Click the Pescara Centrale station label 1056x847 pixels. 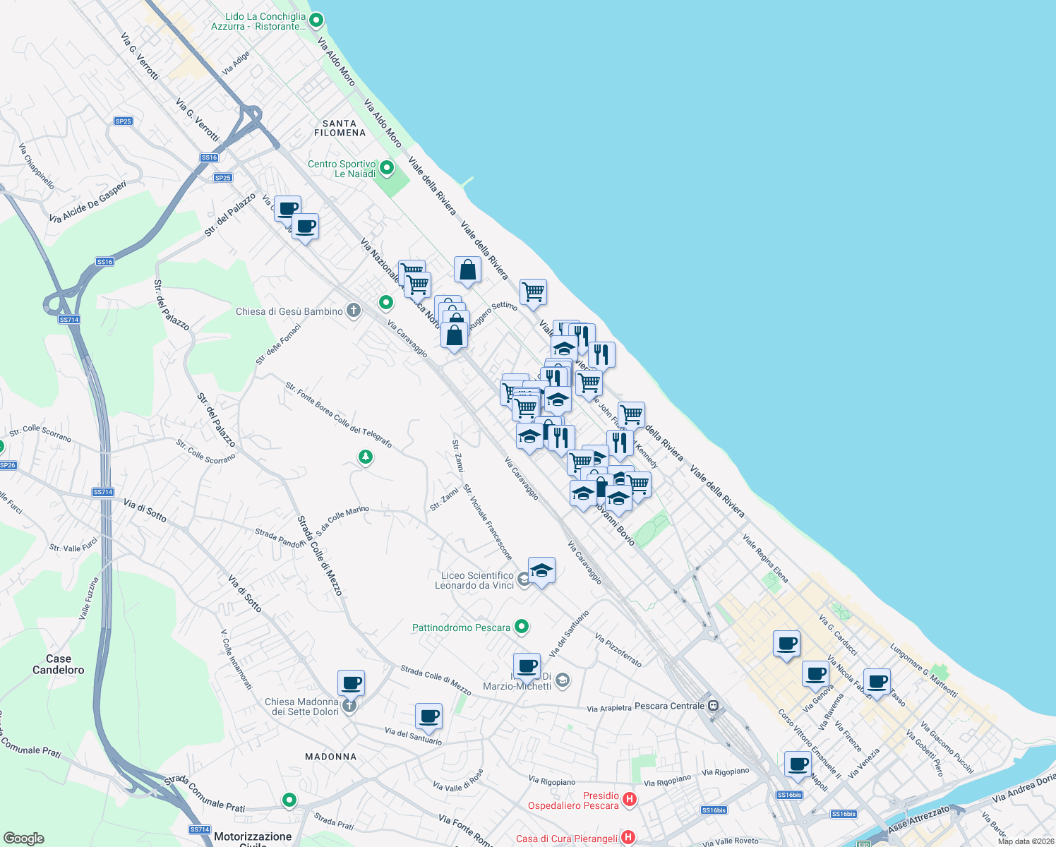(x=669, y=706)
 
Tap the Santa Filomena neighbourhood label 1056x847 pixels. (x=340, y=128)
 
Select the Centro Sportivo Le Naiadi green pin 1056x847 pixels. (x=387, y=168)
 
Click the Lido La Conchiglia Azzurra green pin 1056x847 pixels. (x=316, y=20)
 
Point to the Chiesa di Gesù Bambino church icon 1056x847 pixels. (x=354, y=311)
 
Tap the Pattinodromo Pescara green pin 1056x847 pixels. (x=522, y=626)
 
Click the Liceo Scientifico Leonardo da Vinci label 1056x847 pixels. (x=474, y=580)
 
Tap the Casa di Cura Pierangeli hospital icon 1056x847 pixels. (x=628, y=838)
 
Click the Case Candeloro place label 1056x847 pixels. (x=59, y=664)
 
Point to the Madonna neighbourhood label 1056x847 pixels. (x=331, y=757)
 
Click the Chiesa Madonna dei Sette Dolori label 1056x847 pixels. (x=301, y=707)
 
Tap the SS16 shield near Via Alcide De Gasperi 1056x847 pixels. (x=105, y=262)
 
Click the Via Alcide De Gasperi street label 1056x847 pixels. (x=88, y=203)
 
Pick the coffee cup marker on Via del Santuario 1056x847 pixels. (x=428, y=716)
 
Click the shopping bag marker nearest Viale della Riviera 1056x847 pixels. (x=467, y=270)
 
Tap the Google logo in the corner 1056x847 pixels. (x=23, y=839)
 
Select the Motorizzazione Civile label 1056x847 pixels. (x=253, y=837)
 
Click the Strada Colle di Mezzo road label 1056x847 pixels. (x=320, y=556)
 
